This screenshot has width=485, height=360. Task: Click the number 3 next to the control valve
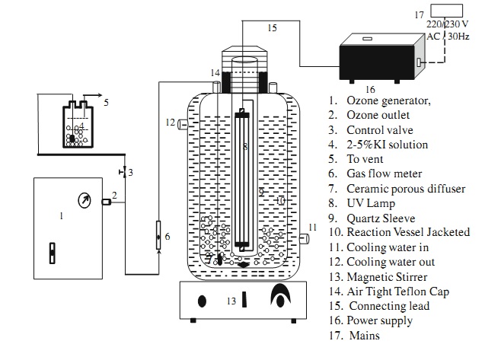coord(131,173)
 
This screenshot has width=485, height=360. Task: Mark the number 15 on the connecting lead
coord(273,28)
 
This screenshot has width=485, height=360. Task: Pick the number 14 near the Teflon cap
coord(215,72)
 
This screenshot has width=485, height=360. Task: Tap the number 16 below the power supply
coord(349,89)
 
